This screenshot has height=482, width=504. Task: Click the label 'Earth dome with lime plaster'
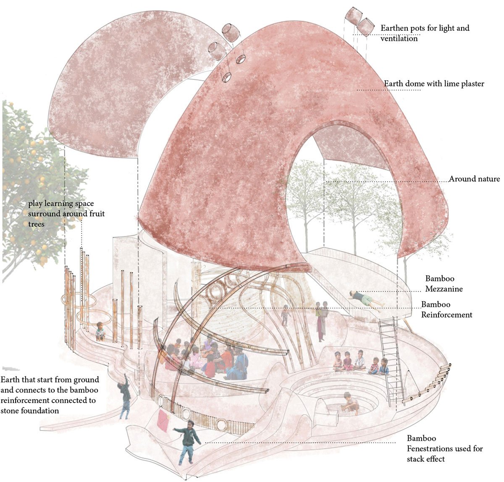(434, 84)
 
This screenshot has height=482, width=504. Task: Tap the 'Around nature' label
(474, 179)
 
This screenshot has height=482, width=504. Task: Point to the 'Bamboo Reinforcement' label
(446, 309)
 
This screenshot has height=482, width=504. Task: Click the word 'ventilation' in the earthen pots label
(399, 38)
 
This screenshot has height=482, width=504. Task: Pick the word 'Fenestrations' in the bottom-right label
(431, 448)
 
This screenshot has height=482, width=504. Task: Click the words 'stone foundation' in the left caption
(30, 410)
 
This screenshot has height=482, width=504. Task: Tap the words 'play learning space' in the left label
(61, 204)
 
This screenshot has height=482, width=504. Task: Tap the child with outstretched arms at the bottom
(187, 441)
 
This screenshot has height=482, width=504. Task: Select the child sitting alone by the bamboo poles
(100, 331)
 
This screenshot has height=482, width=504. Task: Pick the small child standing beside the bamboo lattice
(286, 314)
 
